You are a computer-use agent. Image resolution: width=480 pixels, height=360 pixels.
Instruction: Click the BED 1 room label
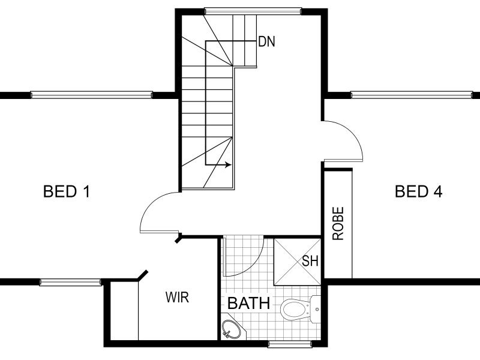tap(67, 191)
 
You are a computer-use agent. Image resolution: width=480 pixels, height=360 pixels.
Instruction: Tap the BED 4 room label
tap(418, 191)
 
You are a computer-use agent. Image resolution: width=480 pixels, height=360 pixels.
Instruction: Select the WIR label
tap(177, 297)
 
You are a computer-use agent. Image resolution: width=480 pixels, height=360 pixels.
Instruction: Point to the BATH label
tap(249, 304)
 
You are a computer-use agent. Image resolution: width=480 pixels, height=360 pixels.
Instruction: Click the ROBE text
tap(338, 223)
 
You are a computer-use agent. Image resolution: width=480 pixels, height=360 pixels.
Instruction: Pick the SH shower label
tap(310, 261)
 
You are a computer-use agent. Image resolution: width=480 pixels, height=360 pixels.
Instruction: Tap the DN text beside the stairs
tap(267, 41)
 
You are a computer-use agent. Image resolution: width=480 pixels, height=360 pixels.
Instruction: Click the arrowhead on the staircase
tap(229, 165)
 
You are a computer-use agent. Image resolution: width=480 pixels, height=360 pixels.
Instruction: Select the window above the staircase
tap(253, 11)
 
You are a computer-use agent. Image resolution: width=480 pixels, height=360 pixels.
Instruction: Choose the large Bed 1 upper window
tap(92, 95)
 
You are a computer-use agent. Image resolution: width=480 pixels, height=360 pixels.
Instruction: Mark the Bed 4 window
tap(412, 95)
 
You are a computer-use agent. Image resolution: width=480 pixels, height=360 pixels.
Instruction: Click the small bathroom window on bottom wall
tap(290, 344)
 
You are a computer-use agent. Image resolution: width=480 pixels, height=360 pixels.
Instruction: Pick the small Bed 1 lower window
tap(70, 282)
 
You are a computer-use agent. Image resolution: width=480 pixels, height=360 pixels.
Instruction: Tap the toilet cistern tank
tap(316, 309)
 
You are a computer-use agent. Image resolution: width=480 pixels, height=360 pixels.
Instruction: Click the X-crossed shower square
tap(297, 262)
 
